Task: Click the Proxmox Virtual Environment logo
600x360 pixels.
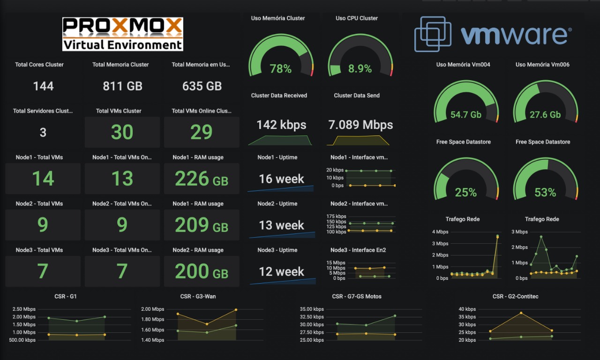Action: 122,34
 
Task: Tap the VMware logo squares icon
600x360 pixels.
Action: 432,34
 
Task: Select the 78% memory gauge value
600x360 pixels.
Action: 281,69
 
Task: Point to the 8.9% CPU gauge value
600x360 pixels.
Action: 360,69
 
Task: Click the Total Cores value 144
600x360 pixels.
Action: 43,86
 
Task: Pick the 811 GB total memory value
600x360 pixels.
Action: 122,86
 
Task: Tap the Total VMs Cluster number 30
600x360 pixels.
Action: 122,133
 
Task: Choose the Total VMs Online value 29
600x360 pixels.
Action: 202,133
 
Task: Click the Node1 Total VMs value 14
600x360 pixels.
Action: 43,179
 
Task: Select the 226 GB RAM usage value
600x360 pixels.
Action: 202,179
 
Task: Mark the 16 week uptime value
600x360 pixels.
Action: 281,179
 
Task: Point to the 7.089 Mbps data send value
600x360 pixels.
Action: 360,125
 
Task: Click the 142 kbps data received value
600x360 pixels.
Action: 281,125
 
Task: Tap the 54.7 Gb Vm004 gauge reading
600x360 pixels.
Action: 466,115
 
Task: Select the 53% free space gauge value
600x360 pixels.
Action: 545,192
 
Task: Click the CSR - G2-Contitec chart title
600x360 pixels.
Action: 512,297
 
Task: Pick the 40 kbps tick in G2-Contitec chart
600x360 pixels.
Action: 467,309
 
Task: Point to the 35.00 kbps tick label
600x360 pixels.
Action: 312,309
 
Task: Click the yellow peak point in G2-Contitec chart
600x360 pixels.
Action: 521,313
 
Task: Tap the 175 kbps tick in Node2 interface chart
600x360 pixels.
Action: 337,217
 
